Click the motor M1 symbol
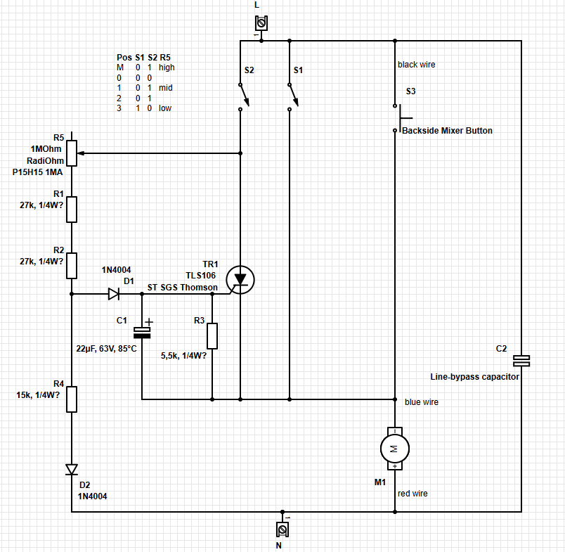[x=394, y=447]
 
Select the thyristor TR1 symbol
[x=240, y=281]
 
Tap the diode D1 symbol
[x=114, y=294]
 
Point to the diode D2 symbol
[x=72, y=469]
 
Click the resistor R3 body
[x=212, y=336]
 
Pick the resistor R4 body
[x=72, y=399]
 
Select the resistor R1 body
[x=72, y=209]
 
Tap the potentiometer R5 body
[x=72, y=153]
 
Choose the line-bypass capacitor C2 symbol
[x=521, y=360]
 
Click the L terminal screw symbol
[x=261, y=24]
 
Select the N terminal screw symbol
[x=282, y=528]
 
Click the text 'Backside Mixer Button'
[x=446, y=131]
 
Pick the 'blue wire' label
[x=422, y=402]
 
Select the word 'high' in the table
[x=167, y=68]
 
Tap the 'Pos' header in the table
[x=124, y=57]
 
